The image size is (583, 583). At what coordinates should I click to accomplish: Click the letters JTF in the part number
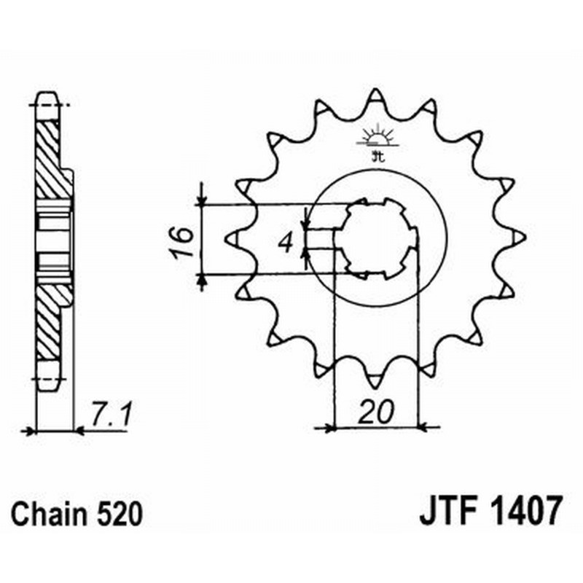tap(447, 512)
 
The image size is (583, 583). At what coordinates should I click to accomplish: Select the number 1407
tap(523, 512)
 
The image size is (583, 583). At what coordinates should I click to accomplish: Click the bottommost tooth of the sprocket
tap(375, 379)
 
